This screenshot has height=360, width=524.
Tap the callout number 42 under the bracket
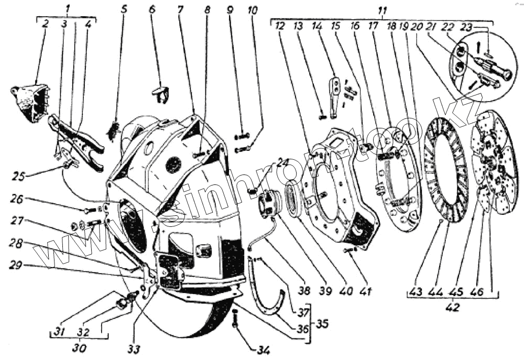452,308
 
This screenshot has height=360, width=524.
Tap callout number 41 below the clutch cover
361,289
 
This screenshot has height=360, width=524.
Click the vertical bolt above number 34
235,318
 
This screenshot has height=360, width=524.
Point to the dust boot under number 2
29,102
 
